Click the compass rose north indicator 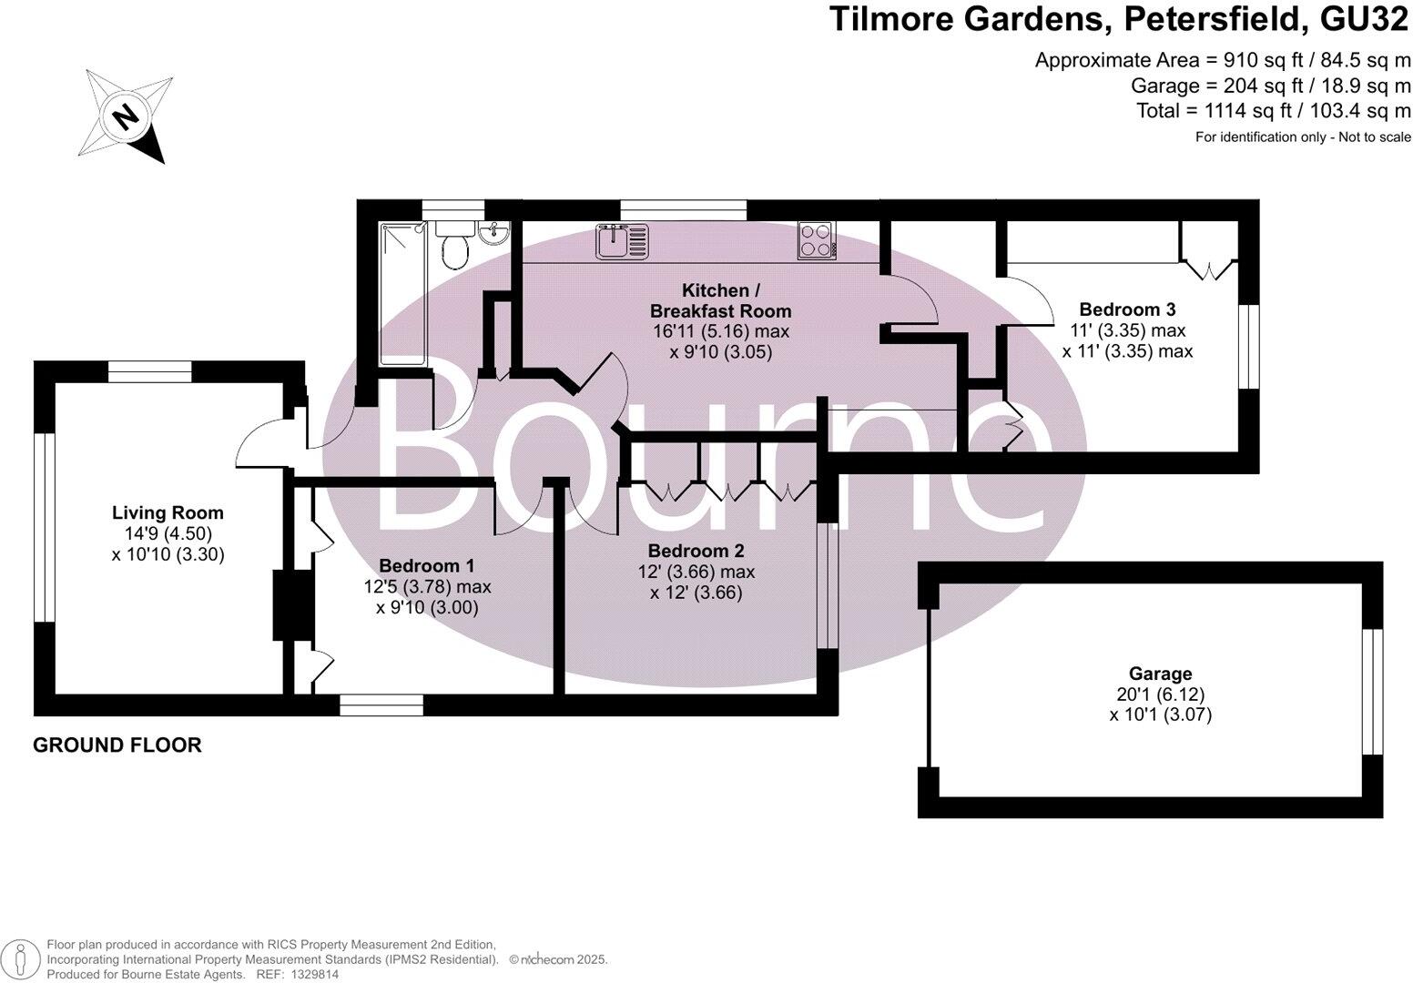point(127,116)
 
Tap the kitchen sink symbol point(623,241)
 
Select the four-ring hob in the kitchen point(816,239)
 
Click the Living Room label point(168,513)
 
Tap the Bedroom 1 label point(426,566)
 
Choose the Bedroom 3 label point(1127,309)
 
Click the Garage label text point(1160,674)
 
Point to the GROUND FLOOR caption point(117,745)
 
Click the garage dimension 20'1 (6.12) point(1160,694)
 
